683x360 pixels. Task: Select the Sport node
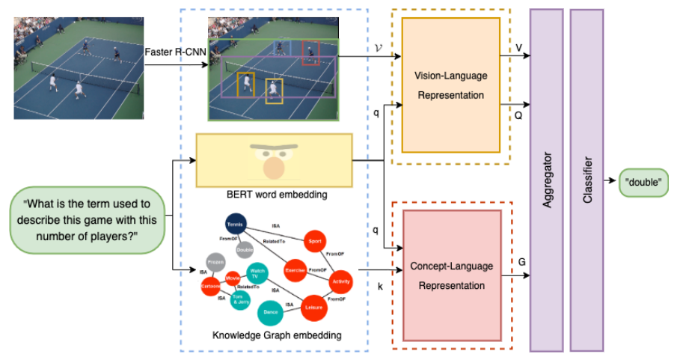[314, 242]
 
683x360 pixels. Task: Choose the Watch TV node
[257, 272]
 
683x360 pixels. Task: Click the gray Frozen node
[217, 264]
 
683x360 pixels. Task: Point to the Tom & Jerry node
[239, 298]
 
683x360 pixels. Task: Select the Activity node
[340, 281]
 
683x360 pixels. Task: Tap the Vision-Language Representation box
[450, 85]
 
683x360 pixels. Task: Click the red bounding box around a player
[310, 53]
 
